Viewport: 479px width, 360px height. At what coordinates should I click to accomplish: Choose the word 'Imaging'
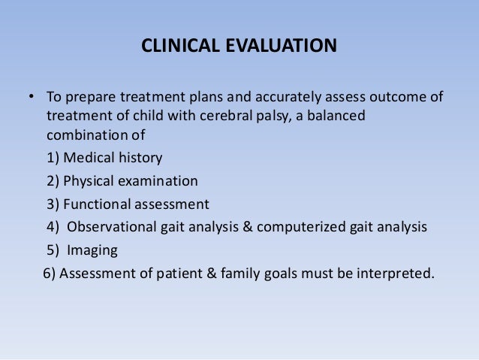click(x=92, y=250)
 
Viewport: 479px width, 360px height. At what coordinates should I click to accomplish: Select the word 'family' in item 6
click(x=239, y=273)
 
